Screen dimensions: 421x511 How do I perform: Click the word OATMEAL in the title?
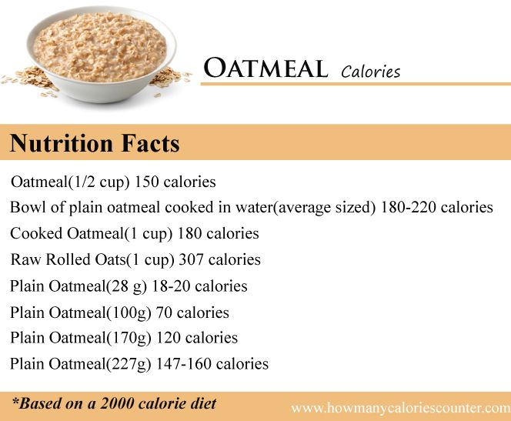coord(266,69)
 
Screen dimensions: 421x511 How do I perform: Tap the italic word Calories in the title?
coord(370,72)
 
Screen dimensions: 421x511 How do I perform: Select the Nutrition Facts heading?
coord(95,143)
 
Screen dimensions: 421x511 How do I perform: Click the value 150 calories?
coord(175,182)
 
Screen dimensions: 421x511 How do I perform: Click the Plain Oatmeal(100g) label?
coord(81,312)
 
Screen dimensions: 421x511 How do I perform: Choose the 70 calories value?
coord(192,312)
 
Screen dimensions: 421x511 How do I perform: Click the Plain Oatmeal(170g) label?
coord(81,337)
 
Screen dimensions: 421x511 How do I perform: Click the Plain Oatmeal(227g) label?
coord(81,363)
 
